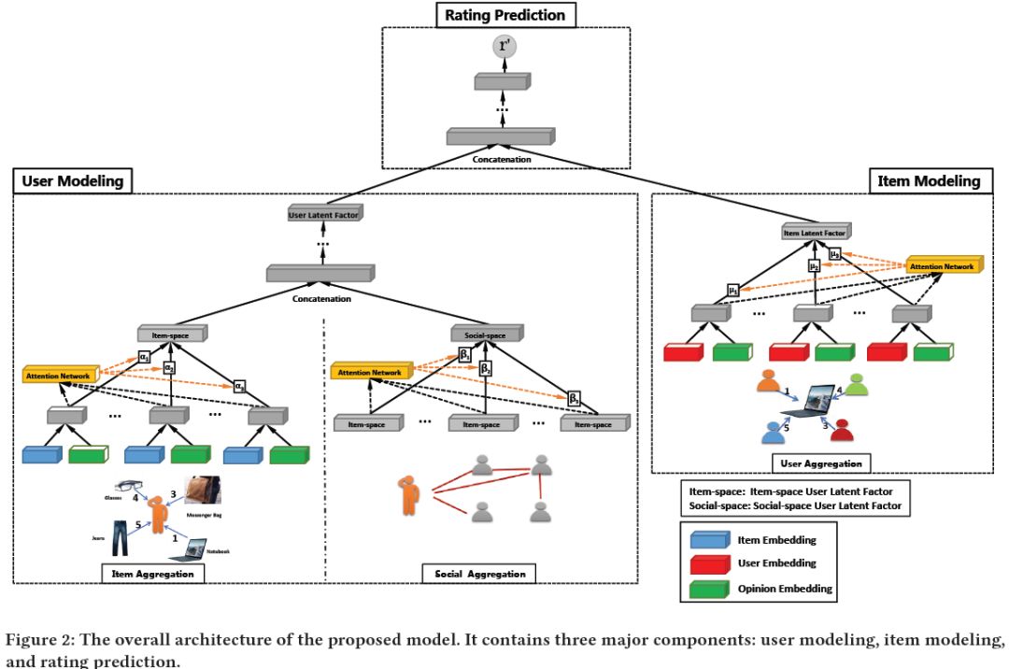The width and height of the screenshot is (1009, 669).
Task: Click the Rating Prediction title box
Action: pyautogui.click(x=505, y=14)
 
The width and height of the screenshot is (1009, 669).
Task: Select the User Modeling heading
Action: pyautogui.click(x=71, y=181)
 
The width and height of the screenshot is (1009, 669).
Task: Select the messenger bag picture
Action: pyautogui.click(x=203, y=491)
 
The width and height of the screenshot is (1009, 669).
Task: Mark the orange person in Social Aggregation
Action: pyautogui.click(x=410, y=494)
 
